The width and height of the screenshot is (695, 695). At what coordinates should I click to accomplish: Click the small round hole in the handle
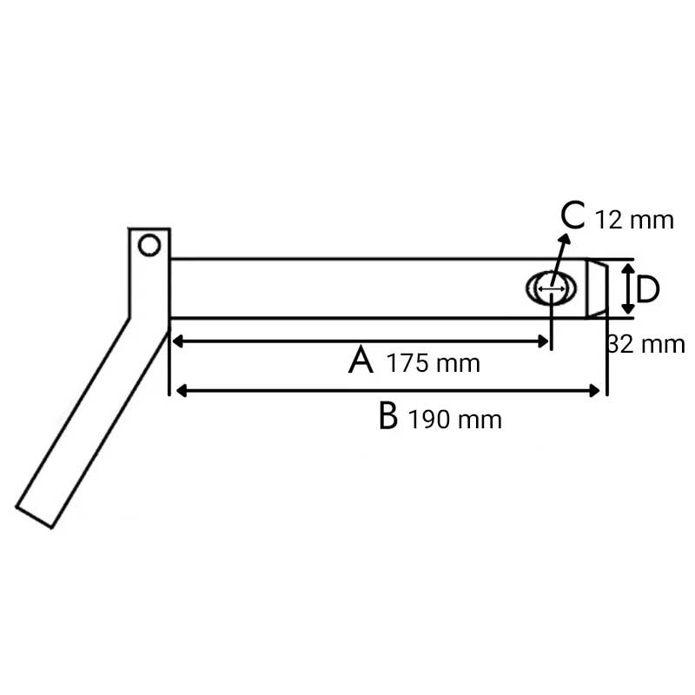point(149,245)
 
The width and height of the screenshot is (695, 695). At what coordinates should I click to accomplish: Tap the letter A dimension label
point(361,361)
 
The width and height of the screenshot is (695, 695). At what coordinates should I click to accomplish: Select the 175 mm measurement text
point(434,363)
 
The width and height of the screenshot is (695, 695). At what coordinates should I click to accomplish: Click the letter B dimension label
point(388,416)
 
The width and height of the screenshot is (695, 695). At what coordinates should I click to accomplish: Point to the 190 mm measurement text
point(454,420)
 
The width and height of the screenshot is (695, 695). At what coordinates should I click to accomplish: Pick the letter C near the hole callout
point(573,215)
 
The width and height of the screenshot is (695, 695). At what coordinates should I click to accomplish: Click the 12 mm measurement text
point(634,221)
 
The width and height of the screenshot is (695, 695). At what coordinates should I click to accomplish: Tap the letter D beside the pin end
point(648,290)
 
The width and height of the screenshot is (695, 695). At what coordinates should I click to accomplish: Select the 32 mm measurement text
point(646,344)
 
